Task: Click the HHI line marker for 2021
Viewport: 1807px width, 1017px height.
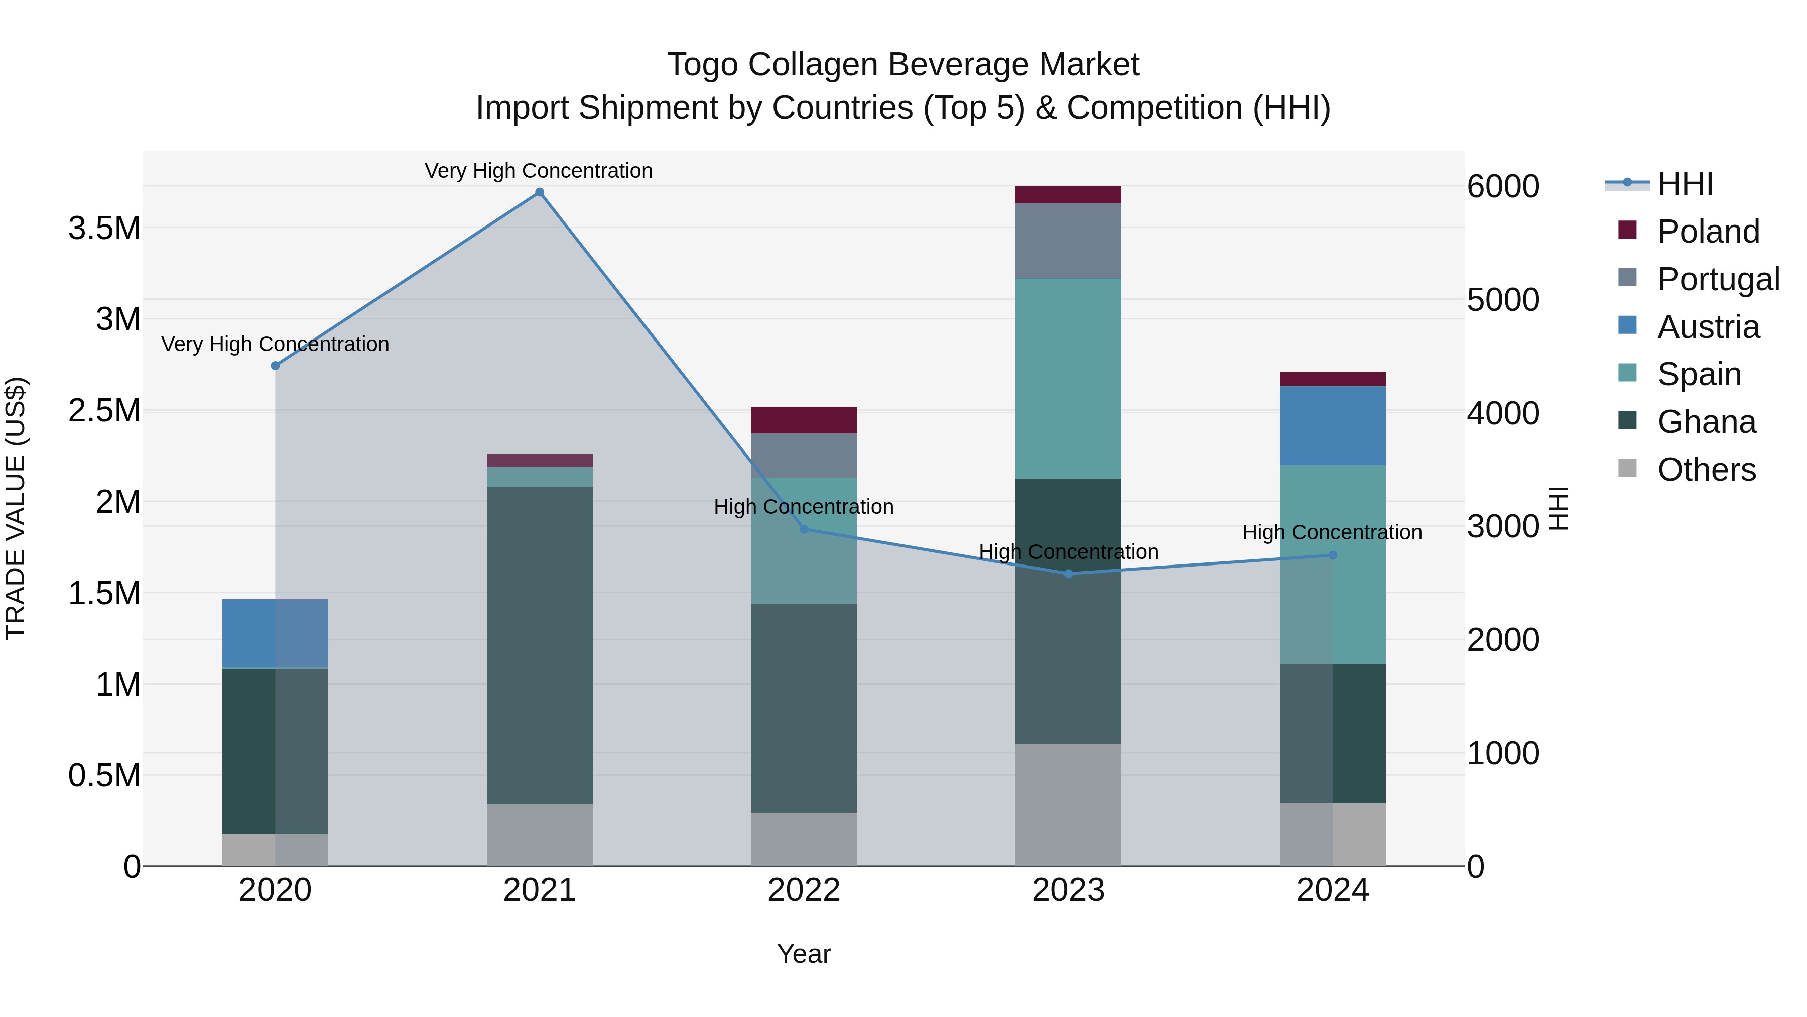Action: click(540, 192)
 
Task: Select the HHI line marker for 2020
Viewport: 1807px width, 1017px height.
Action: click(275, 366)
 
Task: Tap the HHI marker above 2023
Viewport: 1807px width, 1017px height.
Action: click(1068, 574)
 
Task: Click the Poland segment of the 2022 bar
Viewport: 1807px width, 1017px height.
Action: click(804, 420)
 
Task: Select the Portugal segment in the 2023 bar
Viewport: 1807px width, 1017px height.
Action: click(1068, 241)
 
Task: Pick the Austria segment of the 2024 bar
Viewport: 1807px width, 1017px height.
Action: click(1333, 425)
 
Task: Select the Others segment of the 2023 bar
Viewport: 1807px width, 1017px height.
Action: click(1068, 805)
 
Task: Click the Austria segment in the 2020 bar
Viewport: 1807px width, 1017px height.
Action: click(275, 633)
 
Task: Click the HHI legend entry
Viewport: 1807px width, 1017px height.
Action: click(1685, 184)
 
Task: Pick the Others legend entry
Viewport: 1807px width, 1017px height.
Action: click(1706, 470)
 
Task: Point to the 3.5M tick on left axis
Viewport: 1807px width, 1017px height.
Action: click(104, 228)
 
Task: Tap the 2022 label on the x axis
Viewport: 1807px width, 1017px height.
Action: click(804, 890)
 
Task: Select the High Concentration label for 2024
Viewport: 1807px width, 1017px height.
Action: click(1332, 532)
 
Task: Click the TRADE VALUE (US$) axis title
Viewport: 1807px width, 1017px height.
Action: click(16, 508)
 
